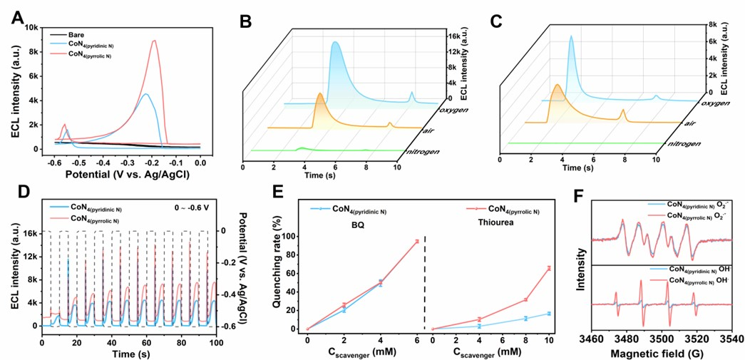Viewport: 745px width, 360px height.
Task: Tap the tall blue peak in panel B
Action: pos(333,43)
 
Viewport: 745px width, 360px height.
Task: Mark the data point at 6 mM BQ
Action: pos(416,241)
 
